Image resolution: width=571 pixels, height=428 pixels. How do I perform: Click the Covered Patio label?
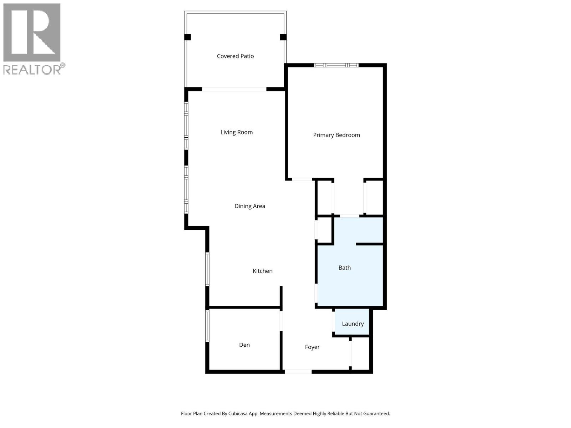pyautogui.click(x=235, y=56)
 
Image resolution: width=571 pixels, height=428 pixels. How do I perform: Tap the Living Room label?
pyautogui.click(x=236, y=132)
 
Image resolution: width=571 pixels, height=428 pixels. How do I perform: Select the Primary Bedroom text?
pyautogui.click(x=336, y=135)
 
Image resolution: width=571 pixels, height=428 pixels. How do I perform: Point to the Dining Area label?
pyautogui.click(x=249, y=206)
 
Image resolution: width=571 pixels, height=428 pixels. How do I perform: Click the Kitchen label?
pyautogui.click(x=262, y=271)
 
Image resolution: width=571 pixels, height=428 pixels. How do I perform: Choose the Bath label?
pyautogui.click(x=344, y=267)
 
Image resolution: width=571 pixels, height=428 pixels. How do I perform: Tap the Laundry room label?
pyautogui.click(x=353, y=324)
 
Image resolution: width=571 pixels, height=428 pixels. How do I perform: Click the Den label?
pyautogui.click(x=244, y=345)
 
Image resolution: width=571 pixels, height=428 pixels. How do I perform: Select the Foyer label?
pyautogui.click(x=312, y=347)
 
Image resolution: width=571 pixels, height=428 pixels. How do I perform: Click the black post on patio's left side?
pyautogui.click(x=187, y=37)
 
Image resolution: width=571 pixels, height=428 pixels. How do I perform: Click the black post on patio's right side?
pyautogui.click(x=283, y=37)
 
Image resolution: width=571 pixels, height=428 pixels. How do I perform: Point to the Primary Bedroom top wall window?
pyautogui.click(x=336, y=65)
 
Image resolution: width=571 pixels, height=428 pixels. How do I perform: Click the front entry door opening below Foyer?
pyautogui.click(x=298, y=372)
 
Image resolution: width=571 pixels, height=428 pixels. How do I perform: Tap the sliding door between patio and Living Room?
pyautogui.click(x=234, y=89)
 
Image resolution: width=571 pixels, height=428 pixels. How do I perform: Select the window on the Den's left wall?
pyautogui.click(x=207, y=325)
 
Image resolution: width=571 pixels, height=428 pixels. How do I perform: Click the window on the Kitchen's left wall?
pyautogui.click(x=207, y=269)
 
